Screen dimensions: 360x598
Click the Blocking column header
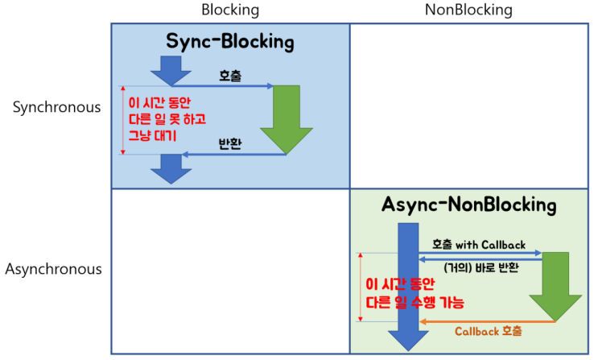pyautogui.click(x=230, y=10)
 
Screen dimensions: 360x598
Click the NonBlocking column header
pyautogui.click(x=469, y=10)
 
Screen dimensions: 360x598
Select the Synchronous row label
pyautogui.click(x=57, y=108)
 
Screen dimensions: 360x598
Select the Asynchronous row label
pyautogui.click(x=54, y=269)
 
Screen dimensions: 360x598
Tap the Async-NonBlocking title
pyautogui.click(x=468, y=205)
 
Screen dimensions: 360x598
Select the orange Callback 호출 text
pyautogui.click(x=488, y=331)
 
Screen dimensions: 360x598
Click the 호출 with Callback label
pyautogui.click(x=479, y=244)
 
